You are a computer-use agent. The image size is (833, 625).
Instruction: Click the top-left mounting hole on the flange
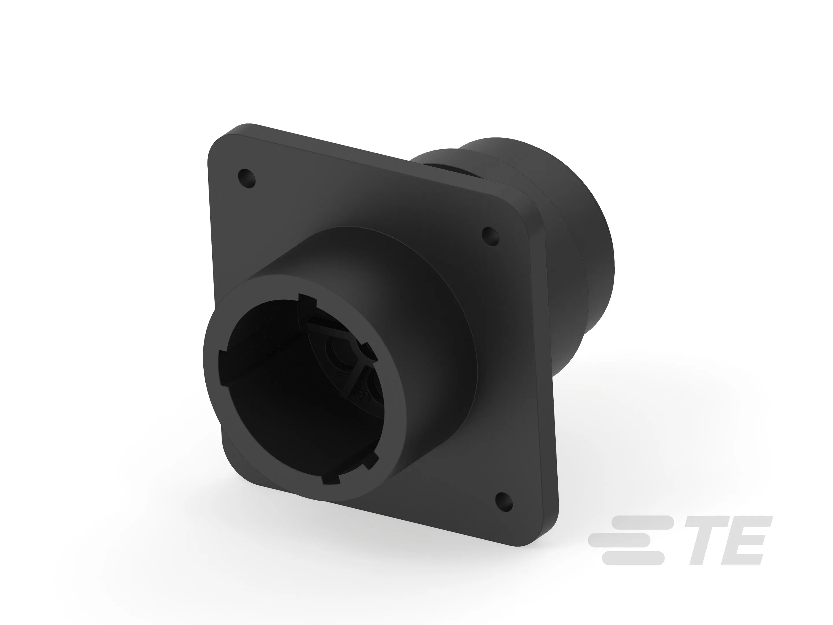tap(247, 178)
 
